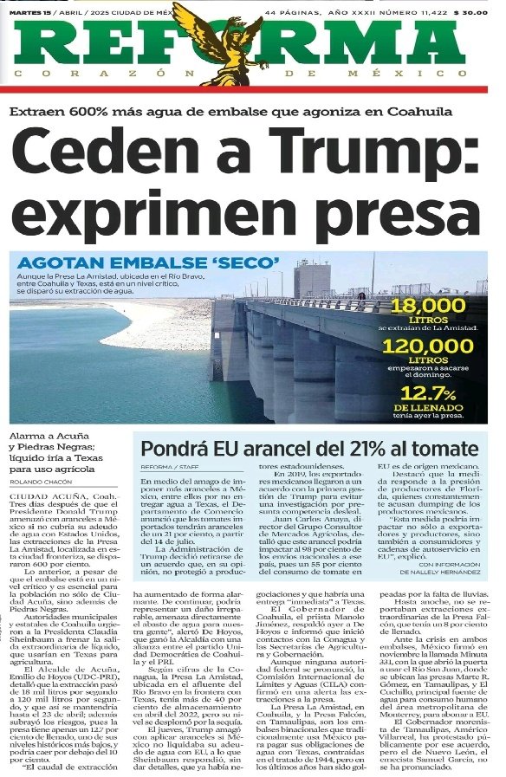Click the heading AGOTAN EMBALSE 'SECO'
[148, 262]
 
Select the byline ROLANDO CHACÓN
[42, 482]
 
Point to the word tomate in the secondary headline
[449, 450]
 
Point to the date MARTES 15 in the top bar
[29, 13]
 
